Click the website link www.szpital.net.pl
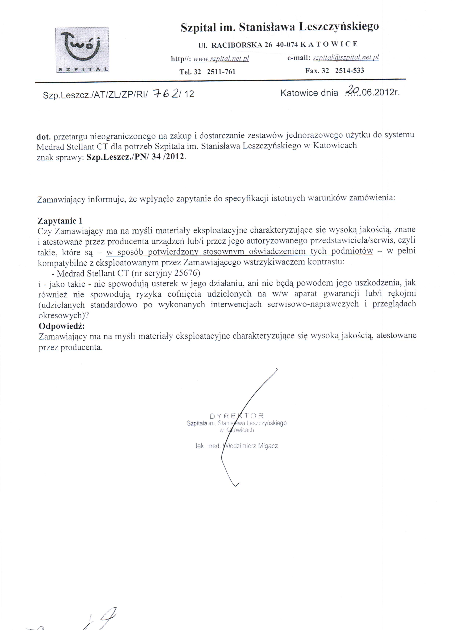point(221,59)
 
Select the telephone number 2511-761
point(221,72)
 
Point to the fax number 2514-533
point(349,70)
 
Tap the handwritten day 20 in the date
point(352,91)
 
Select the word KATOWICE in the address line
point(330,44)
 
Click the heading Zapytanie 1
point(60,221)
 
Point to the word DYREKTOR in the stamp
point(236,416)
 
